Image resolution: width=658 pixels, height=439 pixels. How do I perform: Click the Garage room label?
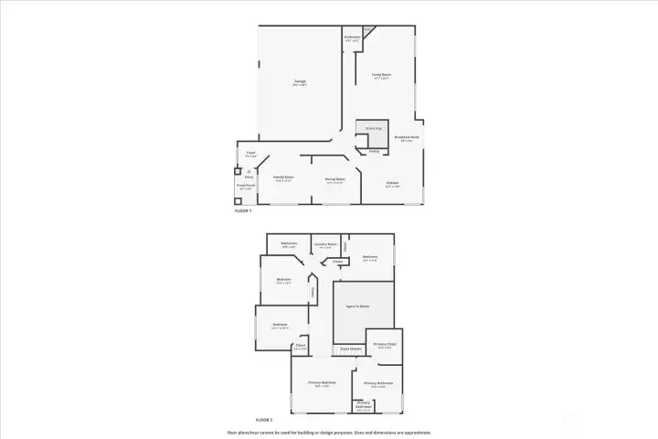[x=299, y=82]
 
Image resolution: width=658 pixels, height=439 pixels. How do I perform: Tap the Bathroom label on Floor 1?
[x=352, y=37]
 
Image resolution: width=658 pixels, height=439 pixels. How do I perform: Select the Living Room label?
[x=381, y=75]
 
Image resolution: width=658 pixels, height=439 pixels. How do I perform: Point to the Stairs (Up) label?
[x=373, y=128]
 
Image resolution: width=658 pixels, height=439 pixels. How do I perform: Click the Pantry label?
[x=374, y=151]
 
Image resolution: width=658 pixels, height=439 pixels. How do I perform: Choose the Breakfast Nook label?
[x=406, y=138]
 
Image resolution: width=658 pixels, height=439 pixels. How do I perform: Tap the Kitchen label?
[x=392, y=183]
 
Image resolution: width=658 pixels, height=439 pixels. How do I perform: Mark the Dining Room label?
[x=335, y=179]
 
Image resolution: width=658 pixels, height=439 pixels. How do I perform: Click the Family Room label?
[x=283, y=177]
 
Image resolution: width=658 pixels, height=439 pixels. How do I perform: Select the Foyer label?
[x=250, y=154]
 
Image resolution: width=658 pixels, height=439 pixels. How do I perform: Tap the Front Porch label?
[x=245, y=188]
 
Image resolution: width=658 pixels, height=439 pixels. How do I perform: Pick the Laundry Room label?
[x=325, y=244]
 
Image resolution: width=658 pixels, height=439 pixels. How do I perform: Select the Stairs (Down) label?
[x=351, y=348]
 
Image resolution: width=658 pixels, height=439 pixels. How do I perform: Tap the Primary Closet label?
[x=385, y=345]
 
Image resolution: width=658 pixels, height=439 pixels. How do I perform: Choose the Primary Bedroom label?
[x=323, y=383]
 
